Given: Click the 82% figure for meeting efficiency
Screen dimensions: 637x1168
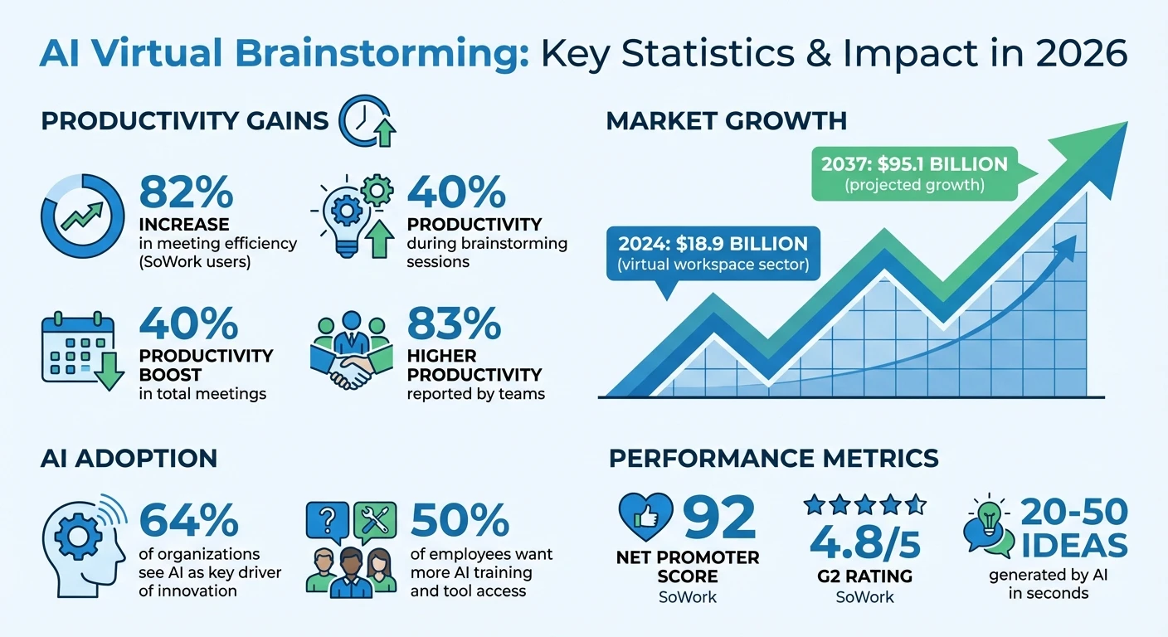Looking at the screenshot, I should coord(187,192).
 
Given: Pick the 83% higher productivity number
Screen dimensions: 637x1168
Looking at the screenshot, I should coord(454,324).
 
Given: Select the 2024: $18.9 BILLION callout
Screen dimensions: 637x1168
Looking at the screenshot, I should coord(713,252).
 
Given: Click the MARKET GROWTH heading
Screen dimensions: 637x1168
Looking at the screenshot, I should coord(727,121).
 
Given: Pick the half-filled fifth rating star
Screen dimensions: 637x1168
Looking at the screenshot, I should coord(916,503).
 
